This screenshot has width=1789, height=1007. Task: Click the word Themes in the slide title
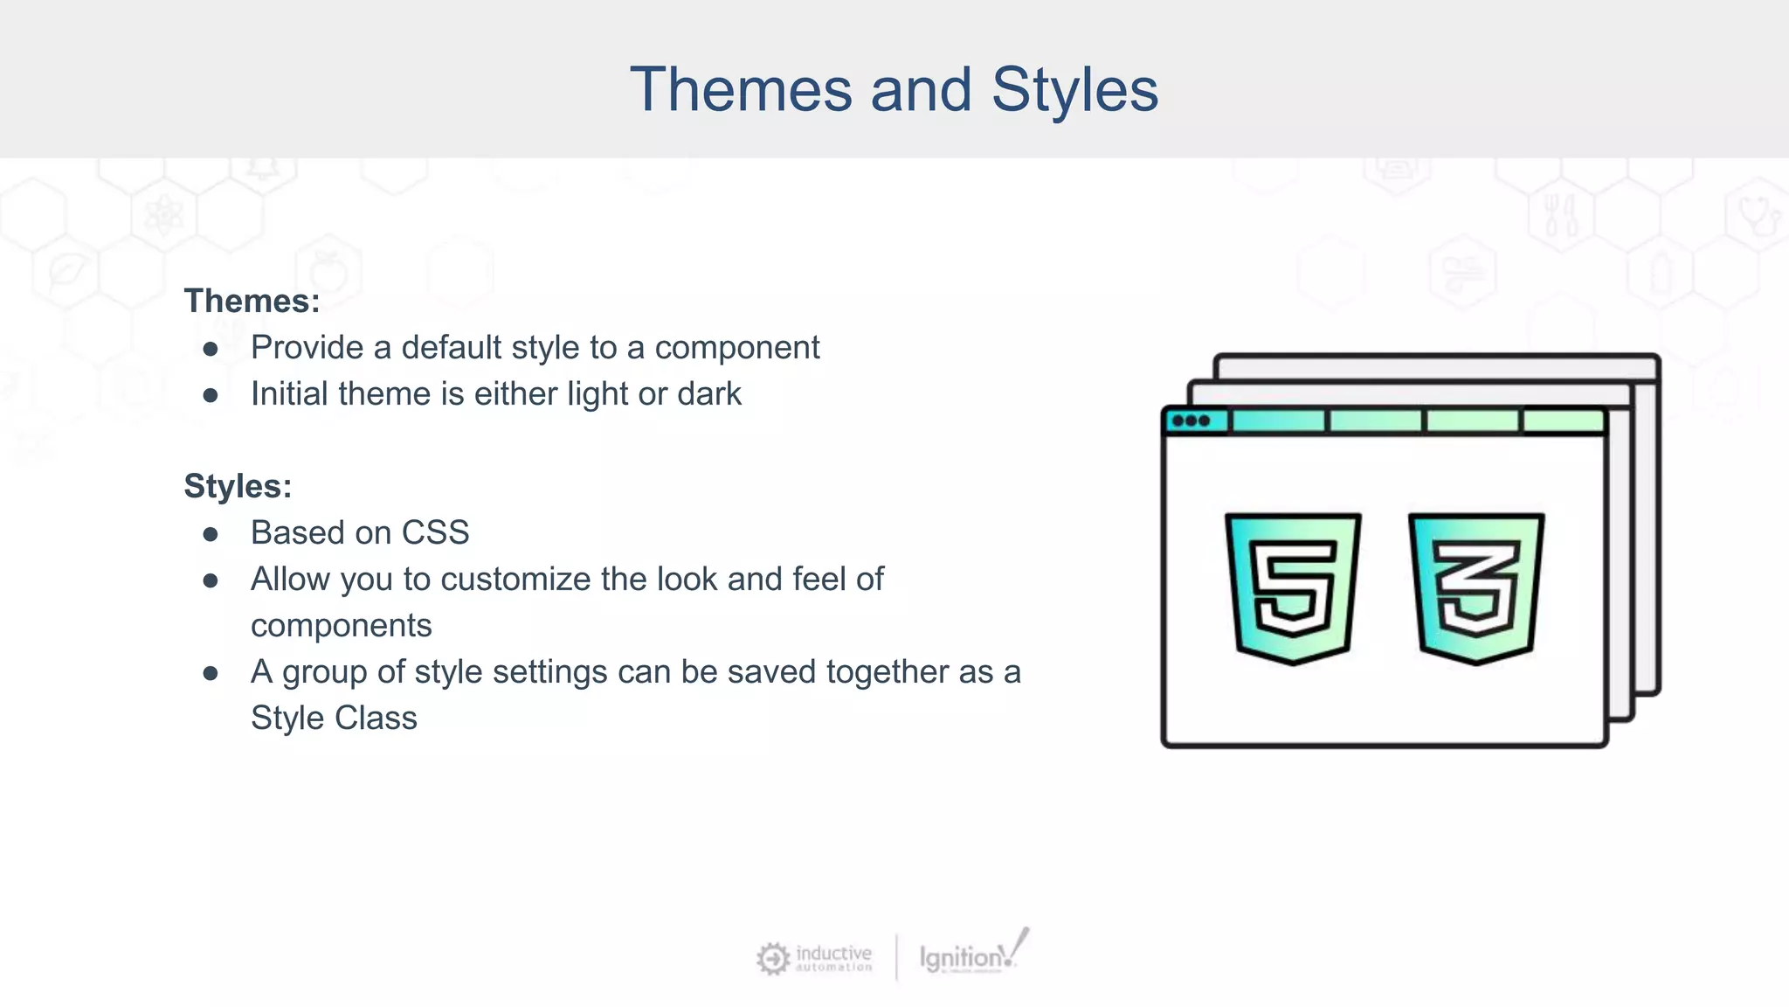coord(740,90)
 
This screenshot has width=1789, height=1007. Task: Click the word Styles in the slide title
coord(1074,90)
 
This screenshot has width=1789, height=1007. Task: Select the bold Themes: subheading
coord(252,302)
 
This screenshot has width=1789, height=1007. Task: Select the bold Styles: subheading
coord(238,487)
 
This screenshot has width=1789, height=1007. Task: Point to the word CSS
coord(435,533)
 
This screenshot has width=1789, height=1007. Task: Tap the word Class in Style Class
coord(376,719)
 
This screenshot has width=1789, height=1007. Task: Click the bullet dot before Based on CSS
coord(211,534)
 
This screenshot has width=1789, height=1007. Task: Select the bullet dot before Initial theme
coord(211,395)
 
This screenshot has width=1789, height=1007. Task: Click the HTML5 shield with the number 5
coord(1293,587)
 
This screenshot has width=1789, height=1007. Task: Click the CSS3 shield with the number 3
coord(1476,587)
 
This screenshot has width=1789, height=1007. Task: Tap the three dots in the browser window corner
coord(1191,421)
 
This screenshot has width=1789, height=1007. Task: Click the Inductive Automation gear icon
coord(772,959)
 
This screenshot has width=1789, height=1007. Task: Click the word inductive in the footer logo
coord(833,952)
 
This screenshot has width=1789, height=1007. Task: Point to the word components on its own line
coord(341,626)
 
